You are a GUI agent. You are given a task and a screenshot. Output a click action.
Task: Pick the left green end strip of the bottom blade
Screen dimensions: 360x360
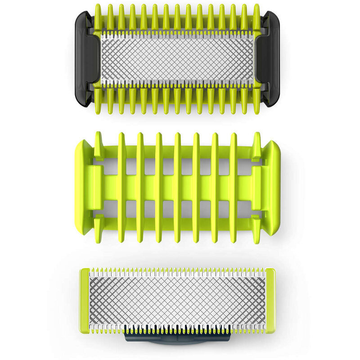(84, 301)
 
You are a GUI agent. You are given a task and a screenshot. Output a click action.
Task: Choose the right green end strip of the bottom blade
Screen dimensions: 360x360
(270, 301)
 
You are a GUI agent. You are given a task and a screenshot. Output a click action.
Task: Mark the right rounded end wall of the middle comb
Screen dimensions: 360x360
(274, 188)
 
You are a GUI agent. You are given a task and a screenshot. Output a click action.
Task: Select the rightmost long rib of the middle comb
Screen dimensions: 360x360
(234, 188)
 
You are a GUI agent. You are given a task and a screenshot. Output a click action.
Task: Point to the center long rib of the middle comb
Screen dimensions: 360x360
(177, 188)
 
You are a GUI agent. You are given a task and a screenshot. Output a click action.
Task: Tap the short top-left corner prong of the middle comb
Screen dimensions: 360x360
(99, 144)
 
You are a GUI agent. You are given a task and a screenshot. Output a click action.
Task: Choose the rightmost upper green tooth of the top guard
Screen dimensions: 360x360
(256, 17)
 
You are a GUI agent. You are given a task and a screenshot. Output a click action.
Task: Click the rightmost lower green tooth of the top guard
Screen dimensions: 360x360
(256, 101)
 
